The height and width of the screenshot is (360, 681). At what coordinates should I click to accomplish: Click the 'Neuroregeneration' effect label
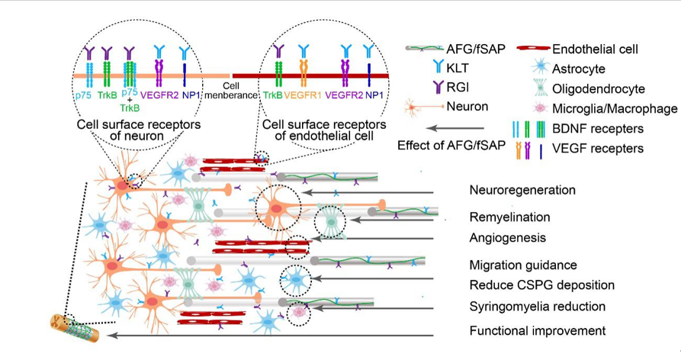522,190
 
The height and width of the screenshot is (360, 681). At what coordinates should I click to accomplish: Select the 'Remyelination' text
510,217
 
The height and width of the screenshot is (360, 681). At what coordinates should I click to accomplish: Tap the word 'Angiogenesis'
508,238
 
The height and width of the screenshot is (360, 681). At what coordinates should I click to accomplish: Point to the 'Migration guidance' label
522,265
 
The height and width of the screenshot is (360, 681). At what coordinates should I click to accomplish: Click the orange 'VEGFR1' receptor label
304,97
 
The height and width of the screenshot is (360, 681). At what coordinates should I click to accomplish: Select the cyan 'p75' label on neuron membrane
82,97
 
